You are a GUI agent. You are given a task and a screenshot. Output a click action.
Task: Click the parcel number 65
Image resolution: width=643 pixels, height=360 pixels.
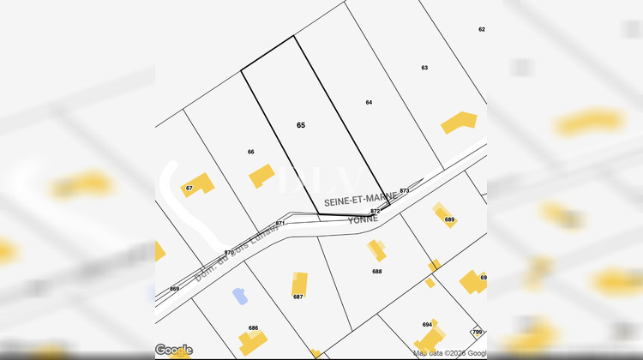point(301,125)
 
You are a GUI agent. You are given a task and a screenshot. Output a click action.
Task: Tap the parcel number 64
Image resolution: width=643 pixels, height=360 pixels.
point(369,102)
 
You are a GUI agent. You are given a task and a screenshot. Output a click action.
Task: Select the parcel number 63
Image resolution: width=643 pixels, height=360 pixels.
point(424,67)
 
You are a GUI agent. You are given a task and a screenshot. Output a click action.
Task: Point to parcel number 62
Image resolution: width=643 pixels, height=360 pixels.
point(482,29)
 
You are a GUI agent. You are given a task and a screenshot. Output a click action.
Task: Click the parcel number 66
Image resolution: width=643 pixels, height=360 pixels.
point(251,152)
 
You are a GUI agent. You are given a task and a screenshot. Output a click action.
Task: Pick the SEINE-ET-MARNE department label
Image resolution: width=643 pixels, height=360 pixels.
point(361,197)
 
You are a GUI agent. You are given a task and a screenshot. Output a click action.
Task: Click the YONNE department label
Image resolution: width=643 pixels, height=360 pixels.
point(362,219)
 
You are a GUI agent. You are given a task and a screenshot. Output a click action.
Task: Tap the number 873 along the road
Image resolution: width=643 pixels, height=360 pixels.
point(405,190)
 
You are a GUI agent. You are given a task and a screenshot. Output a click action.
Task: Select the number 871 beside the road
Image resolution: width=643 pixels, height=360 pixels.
point(279,223)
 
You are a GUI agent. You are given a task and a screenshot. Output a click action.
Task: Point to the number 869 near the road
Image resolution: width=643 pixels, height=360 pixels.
point(175,289)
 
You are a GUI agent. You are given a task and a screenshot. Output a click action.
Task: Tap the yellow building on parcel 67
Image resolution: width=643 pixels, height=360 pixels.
point(199,183)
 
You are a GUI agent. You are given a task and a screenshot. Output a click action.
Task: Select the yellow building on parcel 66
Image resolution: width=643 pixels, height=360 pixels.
point(261,177)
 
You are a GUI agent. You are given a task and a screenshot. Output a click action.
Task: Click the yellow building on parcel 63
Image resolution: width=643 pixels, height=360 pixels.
point(458,122)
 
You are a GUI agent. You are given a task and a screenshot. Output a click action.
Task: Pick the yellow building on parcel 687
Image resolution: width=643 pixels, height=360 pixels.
point(298,285)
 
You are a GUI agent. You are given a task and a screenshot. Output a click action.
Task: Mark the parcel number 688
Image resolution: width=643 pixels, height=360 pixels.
point(377,271)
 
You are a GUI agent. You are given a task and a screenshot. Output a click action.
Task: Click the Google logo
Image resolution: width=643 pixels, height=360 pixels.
point(174,350)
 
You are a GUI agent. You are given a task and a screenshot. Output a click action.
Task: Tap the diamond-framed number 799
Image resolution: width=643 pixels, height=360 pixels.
point(478,332)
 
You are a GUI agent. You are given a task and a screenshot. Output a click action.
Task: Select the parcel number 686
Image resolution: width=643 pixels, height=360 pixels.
point(254,328)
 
